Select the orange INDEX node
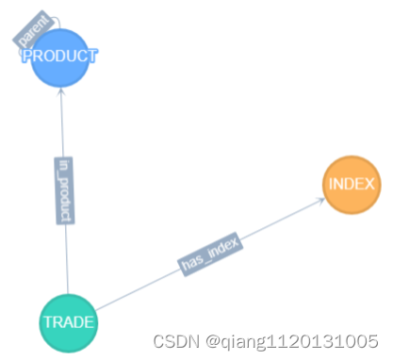pos(352,184)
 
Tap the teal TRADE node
pos(69,321)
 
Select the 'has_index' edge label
pos(210,253)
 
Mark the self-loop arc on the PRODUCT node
pos(55,21)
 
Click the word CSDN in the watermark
pos(172,339)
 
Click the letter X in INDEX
pos(370,184)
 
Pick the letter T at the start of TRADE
pos(48,322)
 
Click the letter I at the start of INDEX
pos(331,184)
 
